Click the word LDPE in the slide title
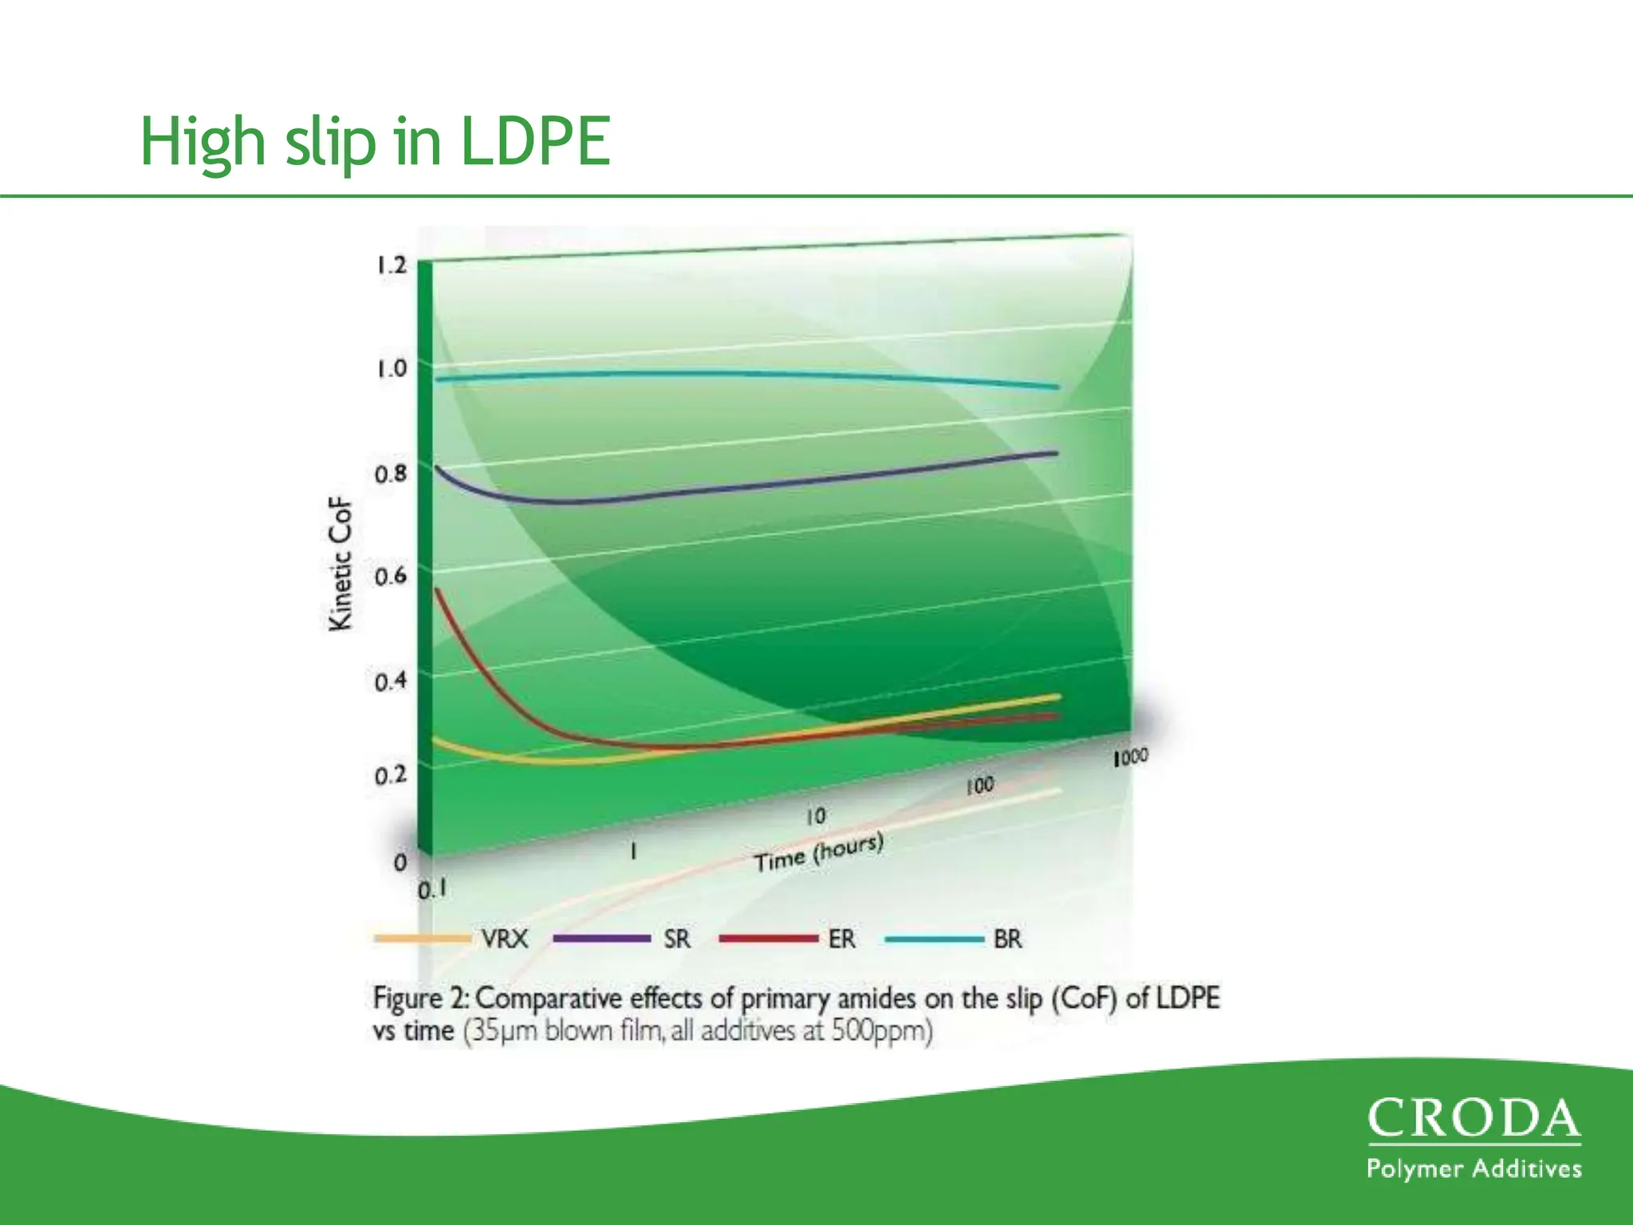point(535,141)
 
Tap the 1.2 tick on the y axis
point(392,265)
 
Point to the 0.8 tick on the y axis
point(391,474)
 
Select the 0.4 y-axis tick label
point(391,681)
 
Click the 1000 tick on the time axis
point(1130,757)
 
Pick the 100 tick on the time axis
point(980,786)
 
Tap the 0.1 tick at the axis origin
point(432,889)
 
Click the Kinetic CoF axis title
point(340,564)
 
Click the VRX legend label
point(504,939)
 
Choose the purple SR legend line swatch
point(602,939)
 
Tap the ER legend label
point(842,939)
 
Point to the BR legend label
point(1007,939)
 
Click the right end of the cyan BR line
point(1057,387)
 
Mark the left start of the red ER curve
point(437,590)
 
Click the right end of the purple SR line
point(1056,453)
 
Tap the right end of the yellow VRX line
point(1058,696)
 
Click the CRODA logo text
point(1474,1119)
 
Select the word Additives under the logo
point(1526,1169)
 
